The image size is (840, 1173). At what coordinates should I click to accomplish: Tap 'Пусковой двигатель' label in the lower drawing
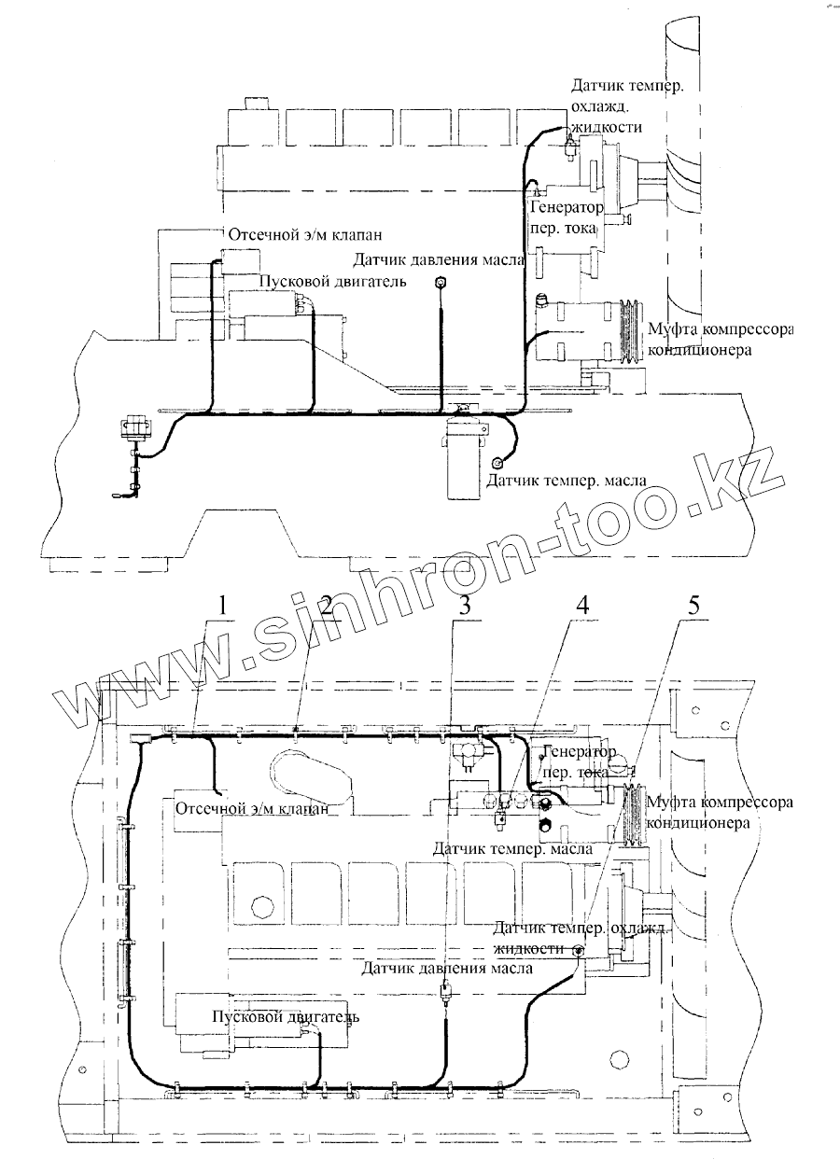[x=285, y=1016]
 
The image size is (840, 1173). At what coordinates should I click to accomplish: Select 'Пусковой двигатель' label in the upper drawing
[x=330, y=283]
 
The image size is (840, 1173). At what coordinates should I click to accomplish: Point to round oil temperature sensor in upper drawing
[x=497, y=463]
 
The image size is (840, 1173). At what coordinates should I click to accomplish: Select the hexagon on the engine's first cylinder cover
[x=261, y=905]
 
